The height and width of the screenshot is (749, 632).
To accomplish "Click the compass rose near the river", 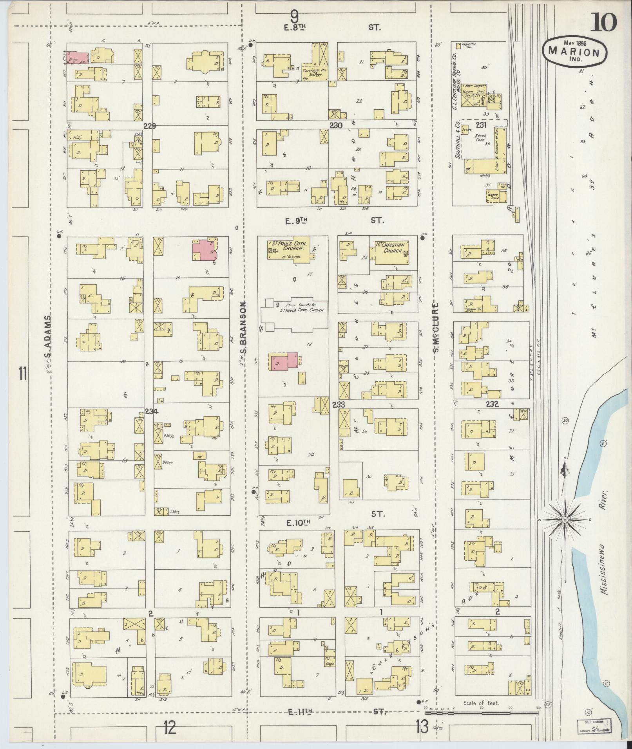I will (x=565, y=519).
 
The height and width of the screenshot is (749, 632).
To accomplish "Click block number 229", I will (x=150, y=126).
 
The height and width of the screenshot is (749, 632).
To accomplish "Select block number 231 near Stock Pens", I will (x=481, y=125).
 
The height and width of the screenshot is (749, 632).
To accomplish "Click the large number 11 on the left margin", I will (x=22, y=373).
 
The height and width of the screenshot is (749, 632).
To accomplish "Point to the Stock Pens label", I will (x=481, y=139).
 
